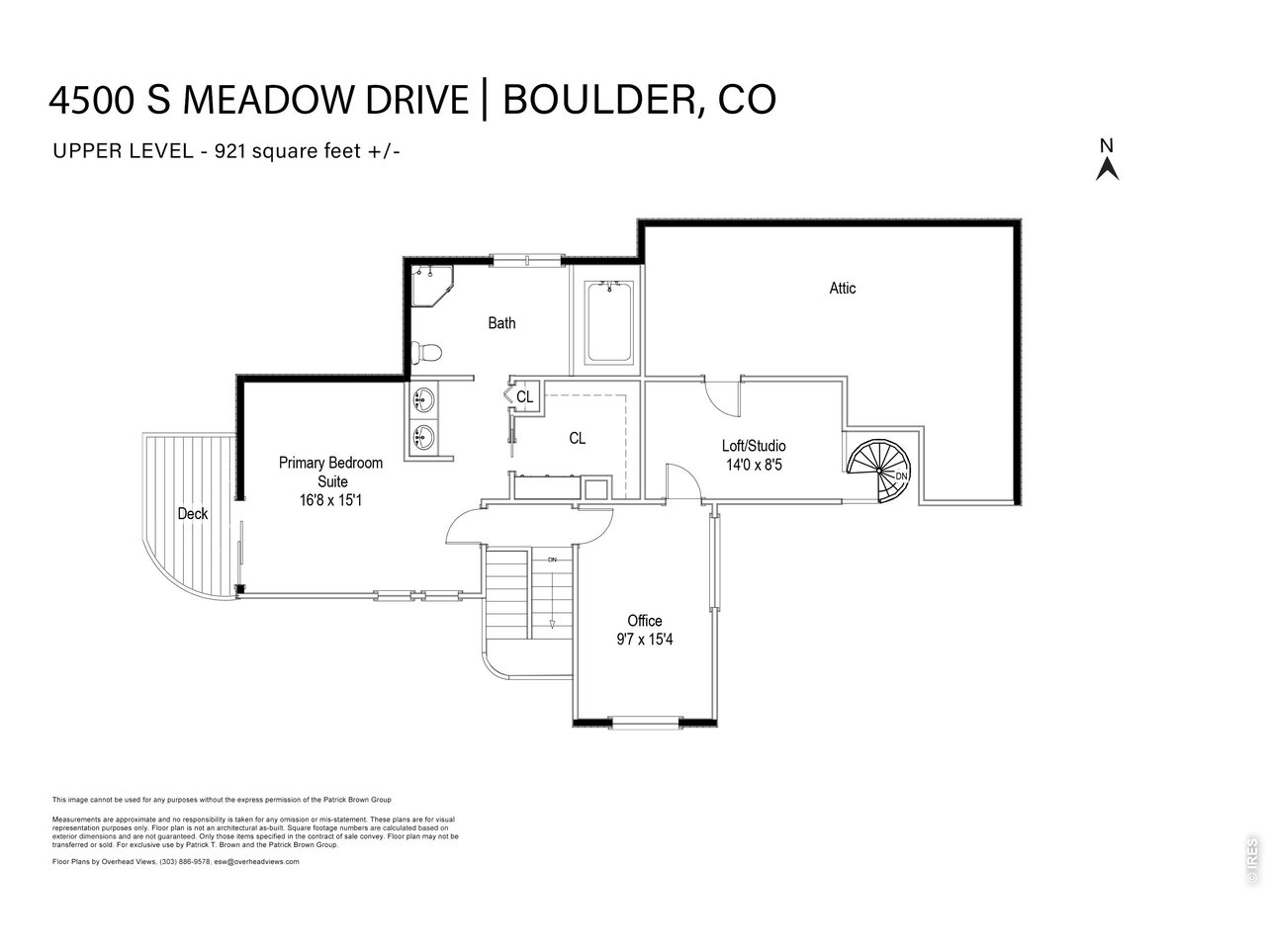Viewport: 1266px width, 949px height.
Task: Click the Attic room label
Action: [843, 289]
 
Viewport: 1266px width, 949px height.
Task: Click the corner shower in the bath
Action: [430, 286]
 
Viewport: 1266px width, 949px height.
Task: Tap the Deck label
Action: [193, 514]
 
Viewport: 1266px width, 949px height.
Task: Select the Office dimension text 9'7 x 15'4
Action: [644, 639]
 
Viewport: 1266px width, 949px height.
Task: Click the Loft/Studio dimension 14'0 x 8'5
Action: [754, 464]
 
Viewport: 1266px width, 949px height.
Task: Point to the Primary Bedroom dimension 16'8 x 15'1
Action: [330, 500]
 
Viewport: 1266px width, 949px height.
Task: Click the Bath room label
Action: [501, 323]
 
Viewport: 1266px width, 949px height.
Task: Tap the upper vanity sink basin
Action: [423, 400]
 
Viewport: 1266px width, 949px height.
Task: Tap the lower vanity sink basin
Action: [423, 435]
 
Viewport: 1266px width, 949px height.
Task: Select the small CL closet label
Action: [525, 397]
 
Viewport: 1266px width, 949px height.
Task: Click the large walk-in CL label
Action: [578, 438]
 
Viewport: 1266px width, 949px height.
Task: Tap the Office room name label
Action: [644, 621]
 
